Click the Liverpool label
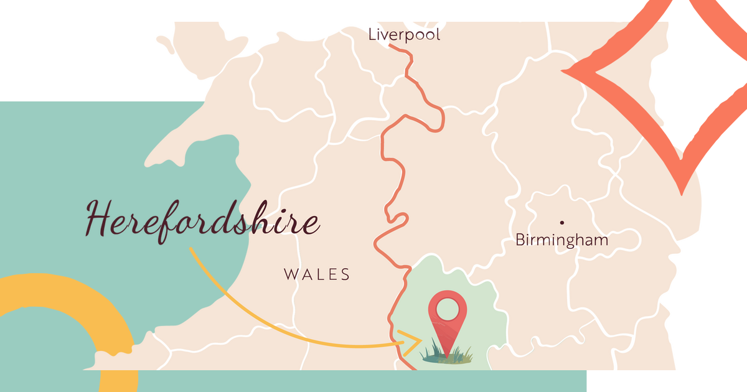[x=404, y=35]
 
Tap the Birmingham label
[x=561, y=240]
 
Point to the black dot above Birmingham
[x=562, y=222]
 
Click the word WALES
[x=317, y=274]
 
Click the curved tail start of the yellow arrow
[x=191, y=250]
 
